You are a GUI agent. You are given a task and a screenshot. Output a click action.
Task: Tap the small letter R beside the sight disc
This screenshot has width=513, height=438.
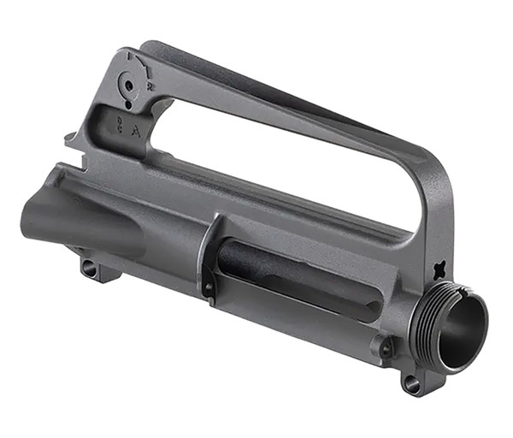(150, 86)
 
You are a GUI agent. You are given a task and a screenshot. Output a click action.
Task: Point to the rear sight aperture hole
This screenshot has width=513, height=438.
(127, 86)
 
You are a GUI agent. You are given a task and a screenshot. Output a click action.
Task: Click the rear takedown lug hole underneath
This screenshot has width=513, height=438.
(90, 268)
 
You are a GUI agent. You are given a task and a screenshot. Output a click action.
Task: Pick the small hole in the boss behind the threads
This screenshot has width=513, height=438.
(386, 347)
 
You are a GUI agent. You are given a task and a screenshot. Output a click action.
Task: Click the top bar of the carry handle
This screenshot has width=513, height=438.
(282, 103)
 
